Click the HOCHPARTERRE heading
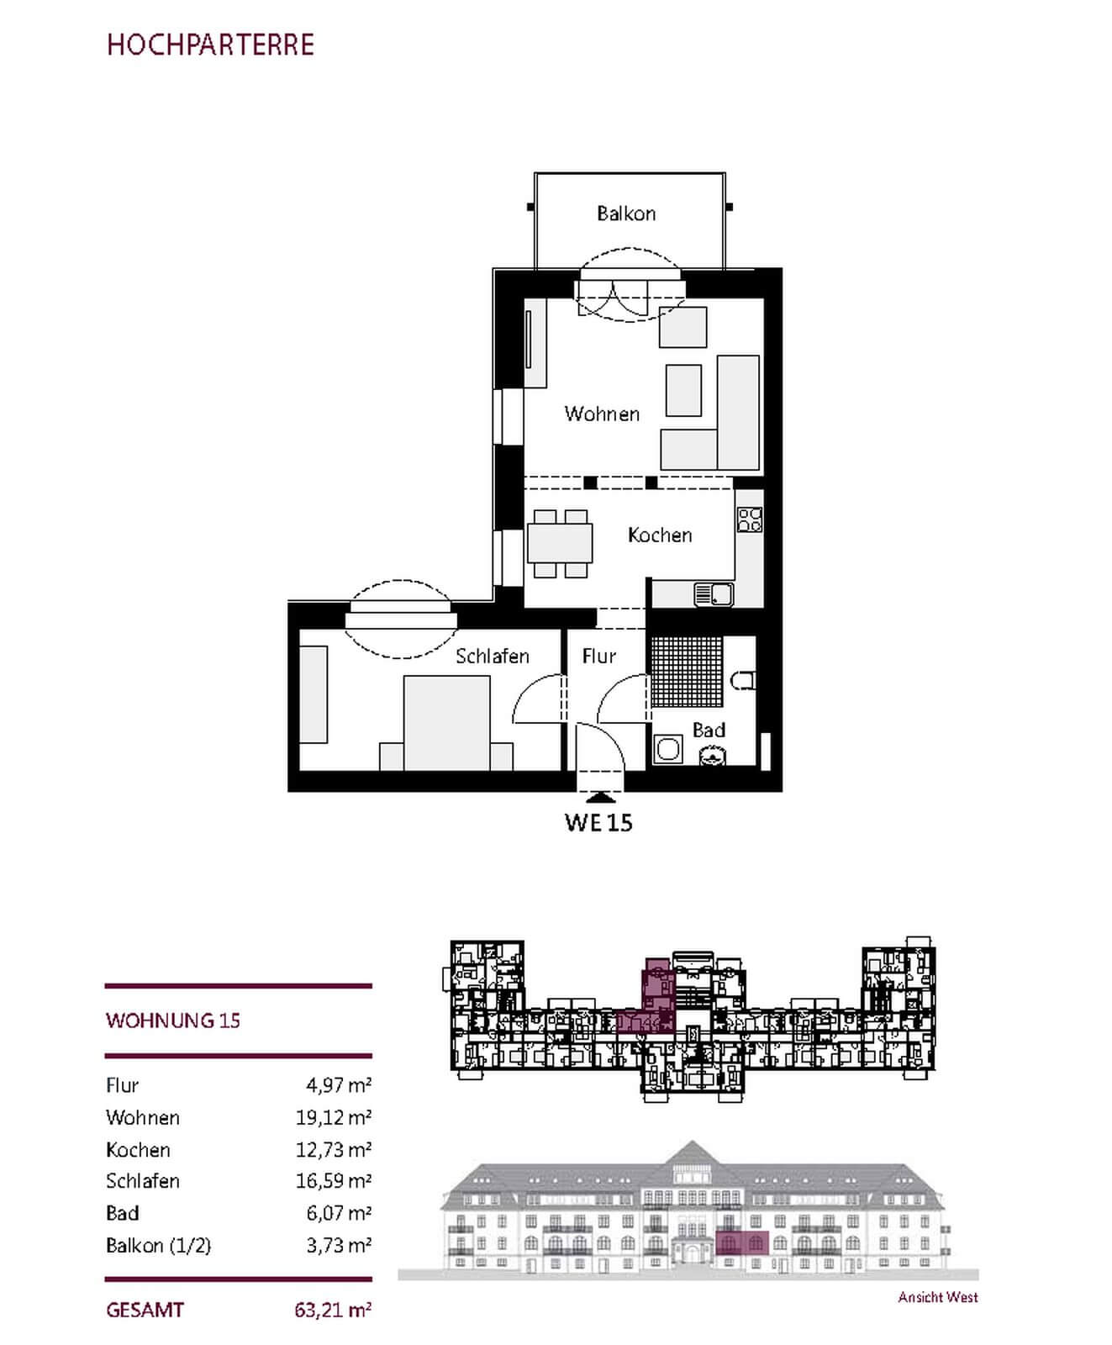pyautogui.click(x=210, y=45)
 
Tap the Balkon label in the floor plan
pyautogui.click(x=626, y=214)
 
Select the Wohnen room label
pyautogui.click(x=602, y=414)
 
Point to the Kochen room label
pyautogui.click(x=660, y=535)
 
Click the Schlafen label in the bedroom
pyautogui.click(x=493, y=656)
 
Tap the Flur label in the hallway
pyautogui.click(x=599, y=656)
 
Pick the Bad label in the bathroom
pyautogui.click(x=709, y=731)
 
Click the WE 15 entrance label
pyautogui.click(x=598, y=822)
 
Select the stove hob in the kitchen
pyautogui.click(x=750, y=520)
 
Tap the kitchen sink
pyautogui.click(x=714, y=594)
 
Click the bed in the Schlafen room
pyautogui.click(x=446, y=724)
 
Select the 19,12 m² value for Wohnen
pyautogui.click(x=334, y=1117)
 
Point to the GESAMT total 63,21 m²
pyautogui.click(x=334, y=1310)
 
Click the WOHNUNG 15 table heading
pyautogui.click(x=173, y=1021)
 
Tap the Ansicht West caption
pyautogui.click(x=938, y=1297)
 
